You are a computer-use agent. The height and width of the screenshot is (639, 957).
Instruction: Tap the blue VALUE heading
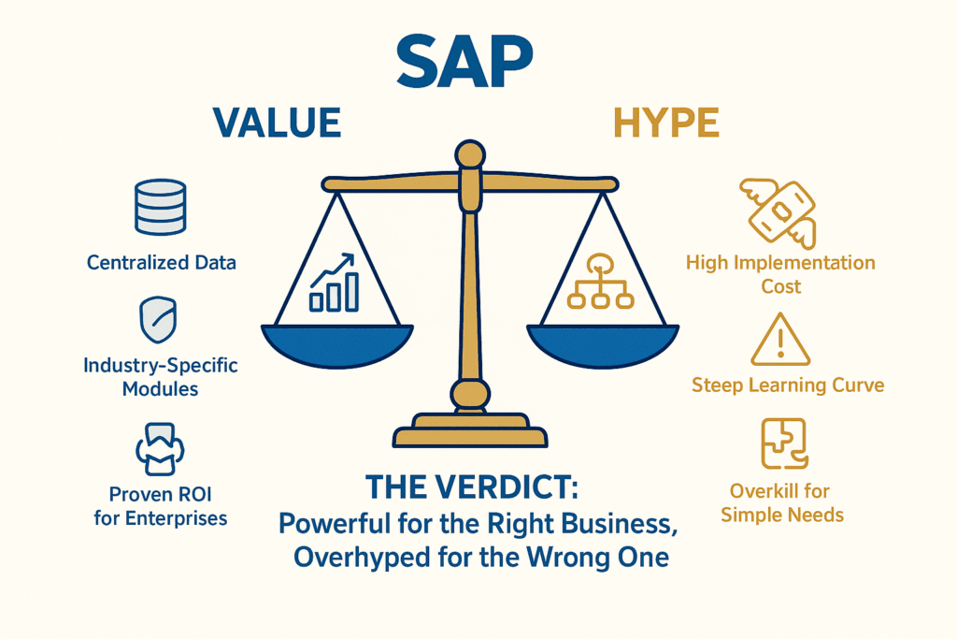click(x=278, y=123)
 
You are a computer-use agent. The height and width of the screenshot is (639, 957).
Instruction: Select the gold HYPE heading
click(x=665, y=123)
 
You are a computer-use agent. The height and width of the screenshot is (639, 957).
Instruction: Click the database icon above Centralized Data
click(x=161, y=208)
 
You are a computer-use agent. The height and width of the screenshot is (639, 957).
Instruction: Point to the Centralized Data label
click(x=162, y=263)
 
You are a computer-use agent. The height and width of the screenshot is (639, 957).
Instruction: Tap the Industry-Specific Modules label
click(x=161, y=375)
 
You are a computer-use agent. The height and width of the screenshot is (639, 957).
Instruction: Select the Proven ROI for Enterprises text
click(x=161, y=505)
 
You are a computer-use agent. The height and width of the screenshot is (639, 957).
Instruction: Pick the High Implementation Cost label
click(x=780, y=274)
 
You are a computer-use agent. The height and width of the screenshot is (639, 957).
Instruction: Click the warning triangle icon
click(x=780, y=340)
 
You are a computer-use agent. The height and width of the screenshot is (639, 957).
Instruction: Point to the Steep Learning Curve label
click(x=788, y=385)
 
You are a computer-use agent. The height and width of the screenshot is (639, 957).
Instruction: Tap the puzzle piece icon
click(x=783, y=443)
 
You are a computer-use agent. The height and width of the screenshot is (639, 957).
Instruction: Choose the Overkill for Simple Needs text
click(x=782, y=502)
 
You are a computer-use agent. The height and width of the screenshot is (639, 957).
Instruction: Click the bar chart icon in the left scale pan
click(x=335, y=283)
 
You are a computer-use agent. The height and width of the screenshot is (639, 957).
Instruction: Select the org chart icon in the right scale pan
click(x=600, y=283)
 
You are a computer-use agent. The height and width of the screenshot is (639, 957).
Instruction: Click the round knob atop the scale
click(x=468, y=153)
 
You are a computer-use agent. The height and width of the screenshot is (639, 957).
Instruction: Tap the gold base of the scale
click(x=470, y=436)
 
